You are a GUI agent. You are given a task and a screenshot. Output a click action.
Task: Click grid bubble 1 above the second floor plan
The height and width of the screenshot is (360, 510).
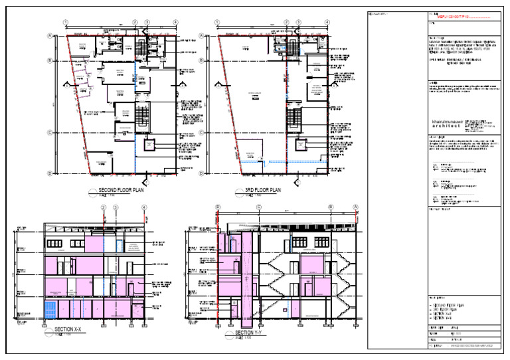(x=66, y=23)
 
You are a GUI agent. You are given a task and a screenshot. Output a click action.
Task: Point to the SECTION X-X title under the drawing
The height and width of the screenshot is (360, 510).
(x=68, y=329)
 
